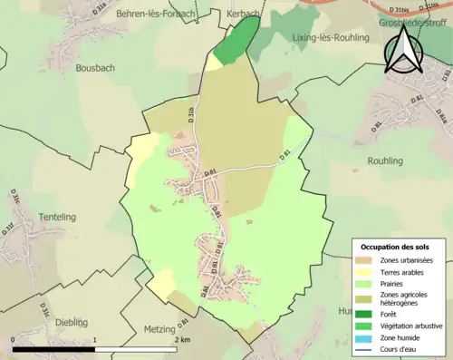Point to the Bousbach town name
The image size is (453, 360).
[x=95, y=67]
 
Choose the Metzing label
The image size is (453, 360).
[x=159, y=329]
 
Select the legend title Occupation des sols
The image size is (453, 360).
[x=395, y=247]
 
